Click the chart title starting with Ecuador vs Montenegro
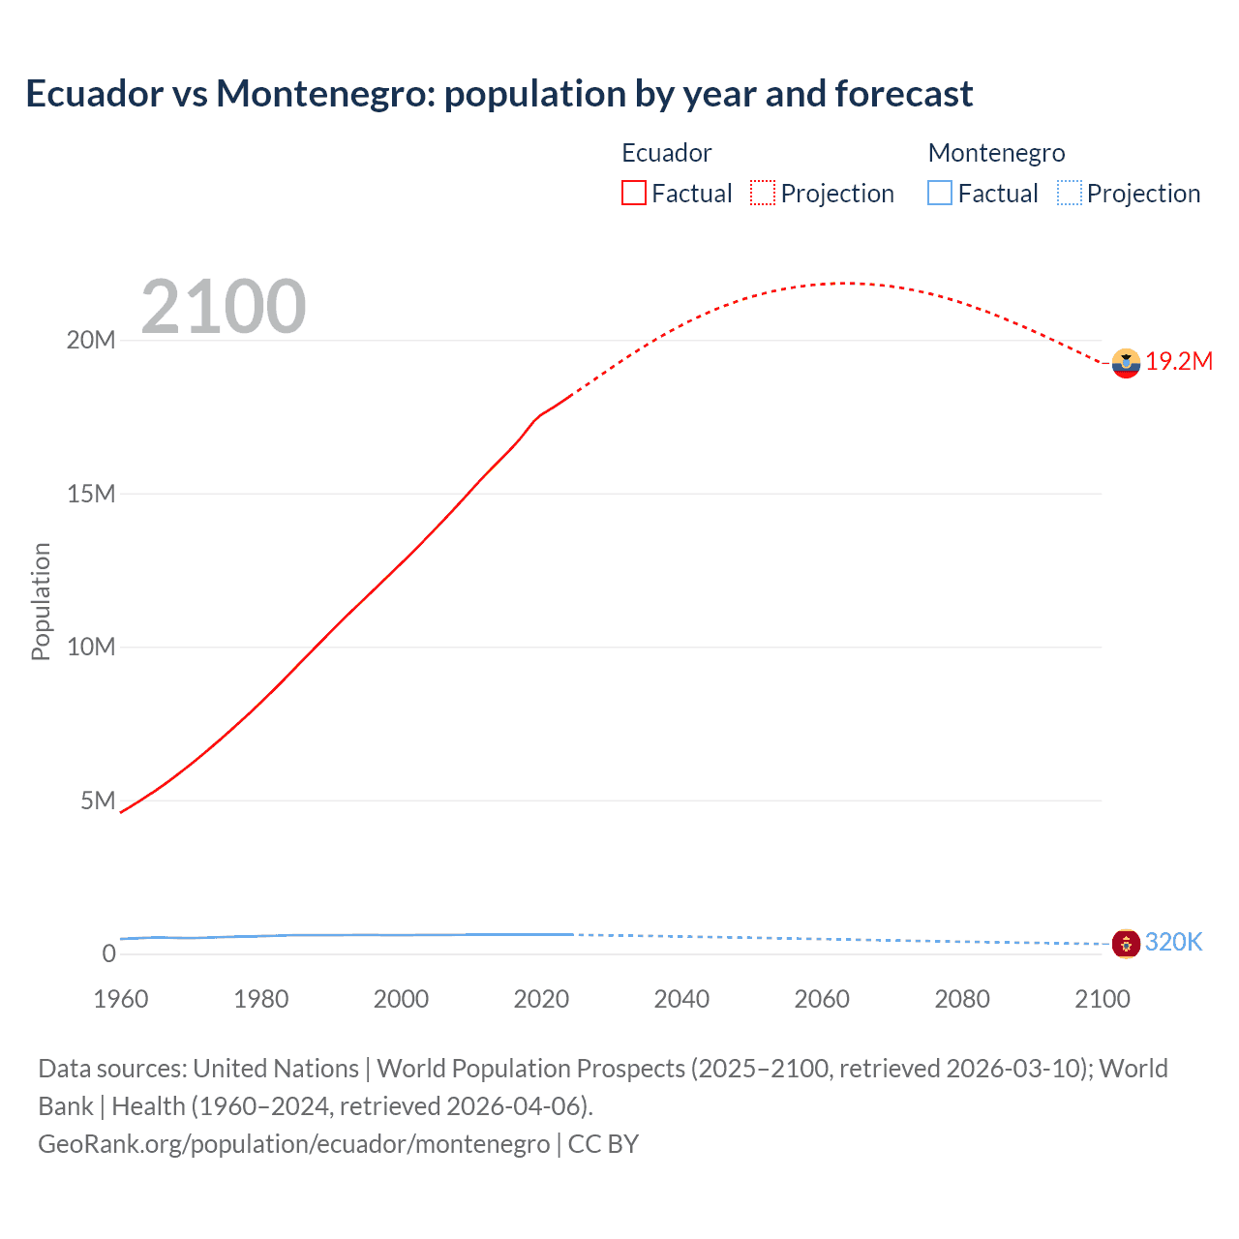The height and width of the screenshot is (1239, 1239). [x=499, y=94]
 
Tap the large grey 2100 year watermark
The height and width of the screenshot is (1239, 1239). [x=224, y=307]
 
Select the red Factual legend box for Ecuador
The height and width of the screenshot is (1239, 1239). [x=633, y=193]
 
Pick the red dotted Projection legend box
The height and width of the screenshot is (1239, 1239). [x=762, y=193]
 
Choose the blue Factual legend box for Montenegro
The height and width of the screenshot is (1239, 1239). [x=939, y=193]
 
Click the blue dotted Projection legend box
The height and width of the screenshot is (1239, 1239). [x=1069, y=193]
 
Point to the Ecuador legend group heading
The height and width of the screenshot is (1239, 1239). [x=666, y=153]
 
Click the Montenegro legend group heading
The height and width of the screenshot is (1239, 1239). [x=996, y=153]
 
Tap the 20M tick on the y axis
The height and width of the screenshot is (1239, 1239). [x=91, y=341]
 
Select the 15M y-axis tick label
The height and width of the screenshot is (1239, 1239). [x=91, y=494]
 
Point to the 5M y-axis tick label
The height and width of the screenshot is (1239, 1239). [x=98, y=801]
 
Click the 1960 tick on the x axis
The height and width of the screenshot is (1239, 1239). [x=121, y=999]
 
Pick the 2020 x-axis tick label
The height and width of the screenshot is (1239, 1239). [x=541, y=999]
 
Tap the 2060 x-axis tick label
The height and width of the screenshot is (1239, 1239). [x=822, y=999]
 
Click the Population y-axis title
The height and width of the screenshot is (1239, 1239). [x=41, y=601]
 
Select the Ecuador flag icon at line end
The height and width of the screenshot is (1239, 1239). [x=1126, y=363]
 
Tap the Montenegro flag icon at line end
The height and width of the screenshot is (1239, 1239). [x=1126, y=943]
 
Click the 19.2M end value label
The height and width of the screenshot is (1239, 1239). [x=1179, y=362]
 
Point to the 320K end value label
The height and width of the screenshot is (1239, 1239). [x=1173, y=942]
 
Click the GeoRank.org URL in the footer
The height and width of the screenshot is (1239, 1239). [x=293, y=1144]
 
